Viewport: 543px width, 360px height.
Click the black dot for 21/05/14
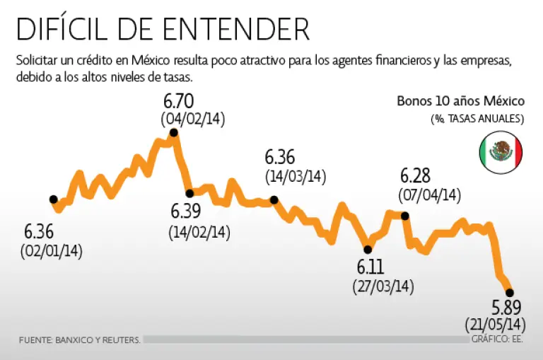(x=510, y=292)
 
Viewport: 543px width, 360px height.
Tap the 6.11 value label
(x=372, y=268)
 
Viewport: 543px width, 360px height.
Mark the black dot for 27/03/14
(x=367, y=248)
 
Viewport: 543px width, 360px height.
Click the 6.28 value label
(x=416, y=175)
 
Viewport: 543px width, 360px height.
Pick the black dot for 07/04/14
(x=405, y=216)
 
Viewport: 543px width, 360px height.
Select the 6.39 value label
(x=187, y=211)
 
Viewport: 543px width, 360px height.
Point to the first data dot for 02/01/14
(x=53, y=199)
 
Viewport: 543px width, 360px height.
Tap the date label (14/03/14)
(x=296, y=176)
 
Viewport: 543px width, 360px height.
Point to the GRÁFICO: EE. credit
(x=498, y=339)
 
